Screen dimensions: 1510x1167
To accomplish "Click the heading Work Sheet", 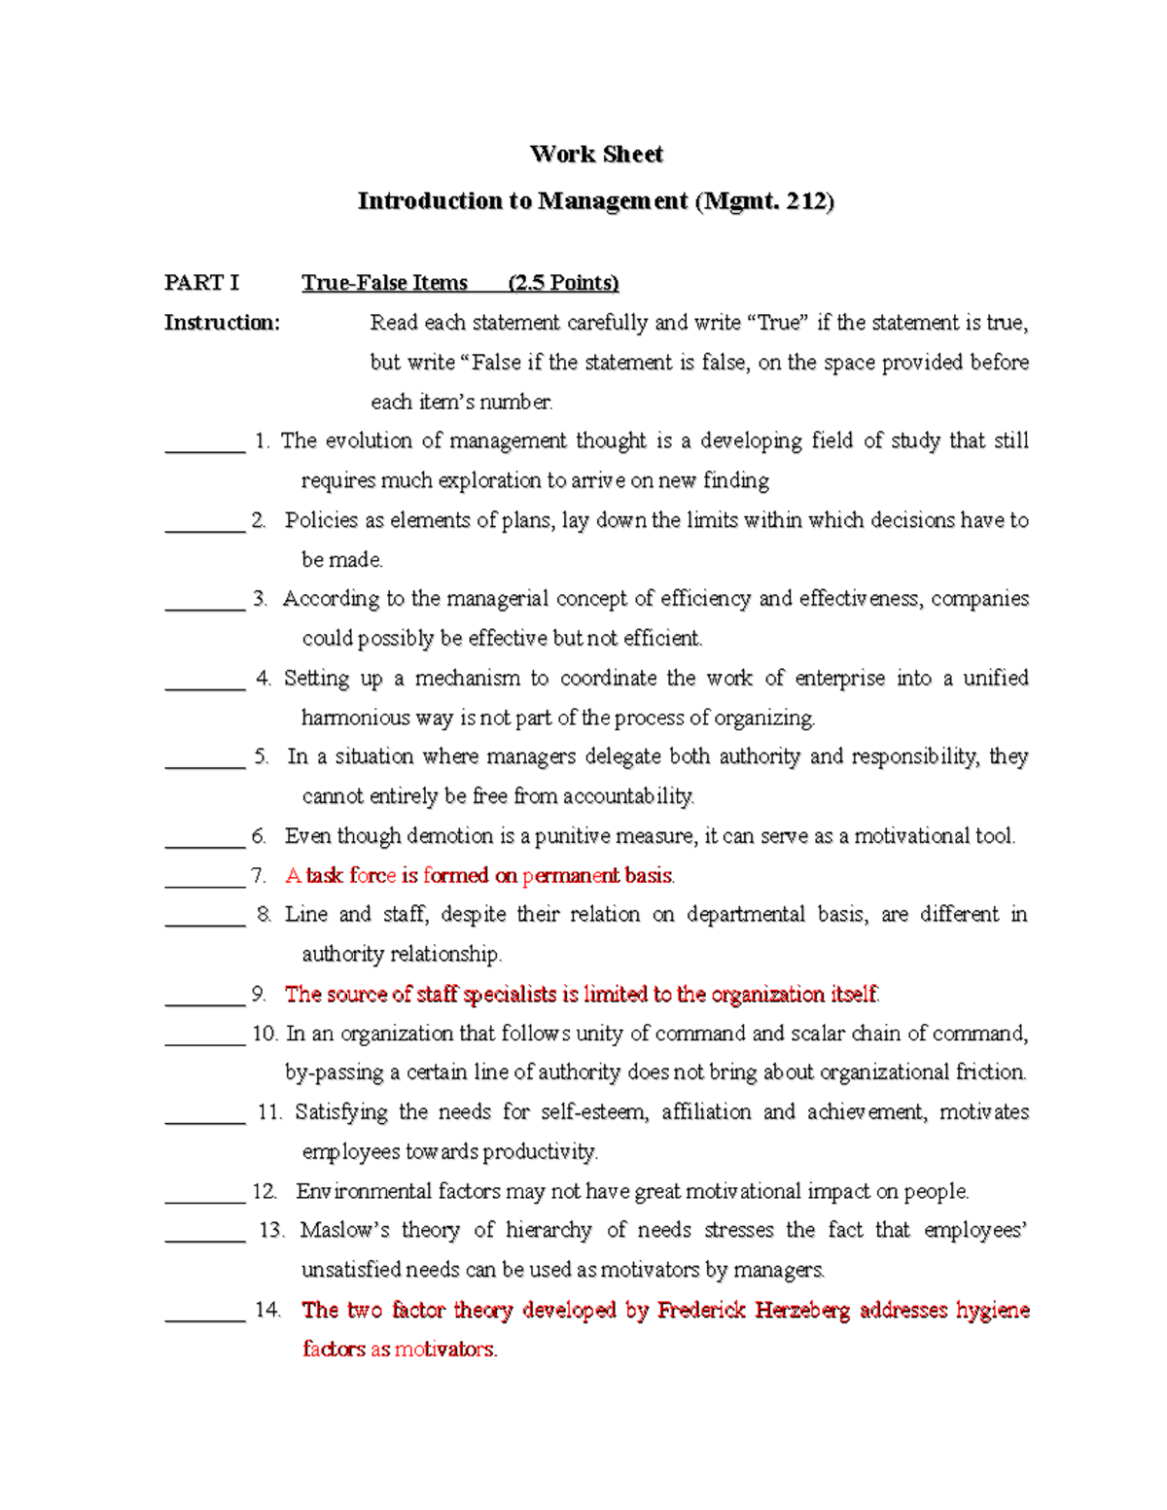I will point(596,154).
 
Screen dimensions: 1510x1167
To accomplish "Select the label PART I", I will point(201,282).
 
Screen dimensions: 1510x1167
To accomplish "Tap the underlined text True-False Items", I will point(384,282).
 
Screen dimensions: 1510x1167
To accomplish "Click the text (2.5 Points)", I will point(563,282).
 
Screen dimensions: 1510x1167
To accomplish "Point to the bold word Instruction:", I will point(222,322).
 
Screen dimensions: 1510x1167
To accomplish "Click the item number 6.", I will point(258,836).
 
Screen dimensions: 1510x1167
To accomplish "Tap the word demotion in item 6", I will point(449,836).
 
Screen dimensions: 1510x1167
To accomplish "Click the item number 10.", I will point(264,1033).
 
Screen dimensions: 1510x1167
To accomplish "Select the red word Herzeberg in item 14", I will point(801,1310).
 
